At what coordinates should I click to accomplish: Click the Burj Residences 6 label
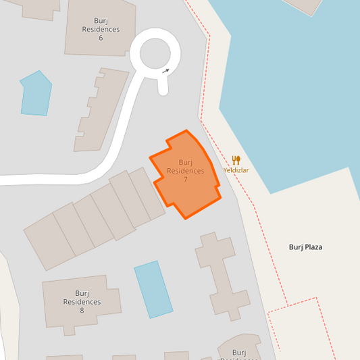tap(101, 29)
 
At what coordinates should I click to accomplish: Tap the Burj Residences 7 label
tap(185, 171)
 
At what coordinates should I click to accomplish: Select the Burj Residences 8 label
tap(82, 301)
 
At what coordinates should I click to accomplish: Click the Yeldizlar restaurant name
tap(236, 170)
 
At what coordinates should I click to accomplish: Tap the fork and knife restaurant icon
tap(236, 160)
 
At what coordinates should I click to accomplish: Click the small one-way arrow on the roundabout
tap(166, 70)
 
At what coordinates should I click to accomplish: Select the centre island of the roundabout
tap(155, 55)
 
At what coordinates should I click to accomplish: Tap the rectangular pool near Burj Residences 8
tap(153, 289)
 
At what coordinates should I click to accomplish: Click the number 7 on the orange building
tap(185, 180)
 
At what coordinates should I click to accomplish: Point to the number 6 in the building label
tap(101, 38)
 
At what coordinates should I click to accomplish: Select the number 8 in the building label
tap(82, 310)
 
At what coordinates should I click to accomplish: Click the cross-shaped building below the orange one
tap(219, 274)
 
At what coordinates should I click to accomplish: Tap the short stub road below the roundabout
tap(163, 84)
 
